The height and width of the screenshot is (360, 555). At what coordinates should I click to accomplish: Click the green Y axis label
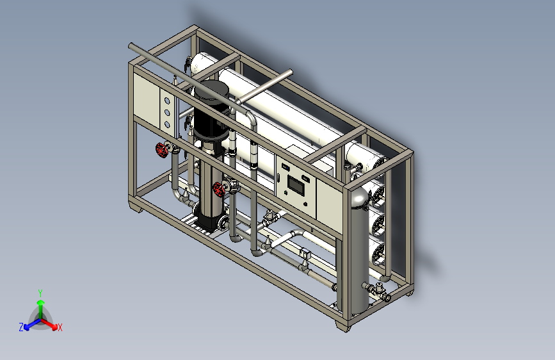click(40, 293)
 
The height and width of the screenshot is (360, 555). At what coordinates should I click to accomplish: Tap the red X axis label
click(60, 327)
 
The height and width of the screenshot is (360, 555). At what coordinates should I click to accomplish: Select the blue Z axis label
click(21, 327)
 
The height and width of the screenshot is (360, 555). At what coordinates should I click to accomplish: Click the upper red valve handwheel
click(161, 151)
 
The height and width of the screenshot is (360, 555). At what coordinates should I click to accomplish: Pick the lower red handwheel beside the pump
click(219, 190)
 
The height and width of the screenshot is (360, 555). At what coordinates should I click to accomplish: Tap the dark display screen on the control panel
click(296, 184)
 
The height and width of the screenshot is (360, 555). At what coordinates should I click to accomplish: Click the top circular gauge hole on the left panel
click(167, 101)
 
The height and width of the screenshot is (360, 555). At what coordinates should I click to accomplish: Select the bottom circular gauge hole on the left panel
click(167, 124)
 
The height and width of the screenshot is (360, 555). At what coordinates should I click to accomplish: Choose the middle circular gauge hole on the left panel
click(167, 113)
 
